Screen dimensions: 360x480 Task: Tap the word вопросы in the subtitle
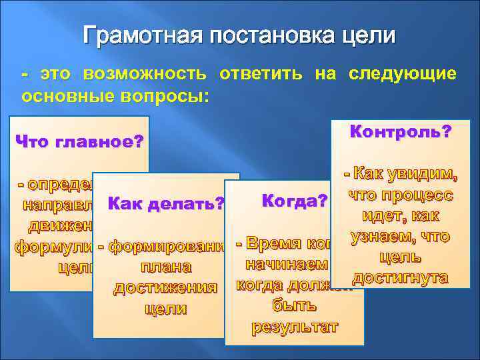pos(169,95)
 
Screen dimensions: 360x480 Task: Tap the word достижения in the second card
pos(165,288)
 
